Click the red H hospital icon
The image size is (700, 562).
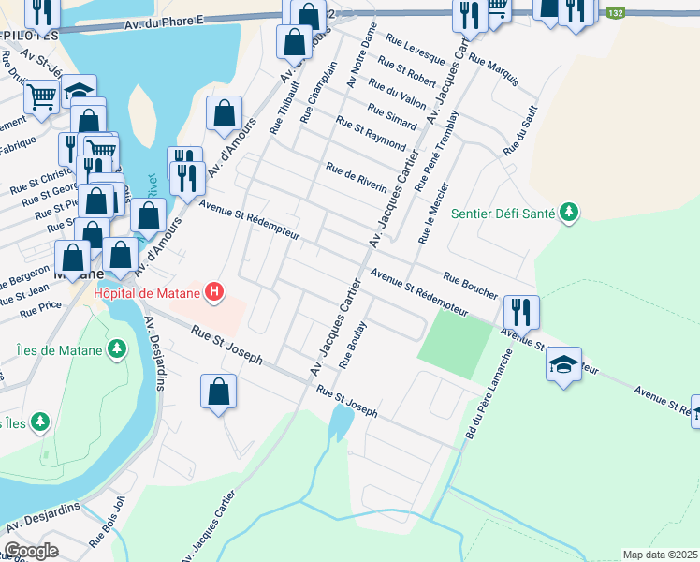tap(215, 292)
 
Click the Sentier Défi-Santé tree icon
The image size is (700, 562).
tap(568, 213)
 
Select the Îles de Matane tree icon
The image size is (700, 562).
tap(116, 349)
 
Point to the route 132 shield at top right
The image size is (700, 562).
tap(614, 13)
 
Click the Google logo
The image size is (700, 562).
tap(31, 551)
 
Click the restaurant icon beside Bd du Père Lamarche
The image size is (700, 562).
tap(521, 312)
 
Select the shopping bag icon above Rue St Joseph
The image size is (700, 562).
tap(218, 391)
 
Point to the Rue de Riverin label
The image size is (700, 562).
tap(356, 176)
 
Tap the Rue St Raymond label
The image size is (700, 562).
tap(370, 136)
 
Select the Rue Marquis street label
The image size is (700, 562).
tap(493, 71)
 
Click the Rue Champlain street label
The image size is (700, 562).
tap(316, 94)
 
